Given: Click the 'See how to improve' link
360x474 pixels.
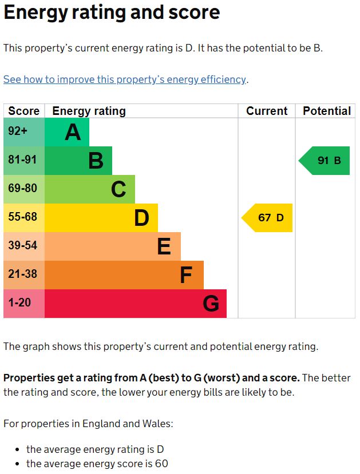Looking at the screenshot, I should pyautogui.click(x=125, y=79).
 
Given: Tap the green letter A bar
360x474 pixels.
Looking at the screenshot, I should pyautogui.click(x=67, y=132).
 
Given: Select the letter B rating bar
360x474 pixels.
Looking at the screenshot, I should pyautogui.click(x=78, y=161).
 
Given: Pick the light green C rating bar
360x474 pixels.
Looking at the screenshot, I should pyautogui.click(x=90, y=189).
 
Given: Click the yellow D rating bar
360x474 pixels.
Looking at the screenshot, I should pyautogui.click(x=101, y=218).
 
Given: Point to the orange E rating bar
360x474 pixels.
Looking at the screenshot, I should pyautogui.click(x=113, y=246).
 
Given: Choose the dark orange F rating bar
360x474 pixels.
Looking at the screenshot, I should pyautogui.click(x=124, y=275).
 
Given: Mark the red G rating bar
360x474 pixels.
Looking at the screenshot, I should pyautogui.click(x=136, y=304).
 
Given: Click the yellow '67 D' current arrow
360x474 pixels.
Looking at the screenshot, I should pyautogui.click(x=268, y=218).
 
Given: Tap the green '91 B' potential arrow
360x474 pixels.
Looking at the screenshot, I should pyautogui.click(x=325, y=161).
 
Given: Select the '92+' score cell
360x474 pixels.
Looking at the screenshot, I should pyautogui.click(x=24, y=132).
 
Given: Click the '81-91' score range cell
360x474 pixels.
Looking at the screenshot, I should pyautogui.click(x=24, y=161).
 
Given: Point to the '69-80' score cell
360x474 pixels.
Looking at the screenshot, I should pyautogui.click(x=24, y=189).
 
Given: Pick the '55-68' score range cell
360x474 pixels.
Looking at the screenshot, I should pyautogui.click(x=24, y=218).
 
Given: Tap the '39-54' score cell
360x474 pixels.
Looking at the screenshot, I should pyautogui.click(x=24, y=246).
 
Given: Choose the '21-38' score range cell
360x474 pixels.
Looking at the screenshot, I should pyautogui.click(x=24, y=275).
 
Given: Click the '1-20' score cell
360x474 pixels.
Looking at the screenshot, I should pyautogui.click(x=24, y=304).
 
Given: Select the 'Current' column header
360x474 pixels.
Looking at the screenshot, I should pyautogui.click(x=267, y=111).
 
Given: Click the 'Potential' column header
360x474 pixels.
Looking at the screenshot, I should pyautogui.click(x=327, y=111).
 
